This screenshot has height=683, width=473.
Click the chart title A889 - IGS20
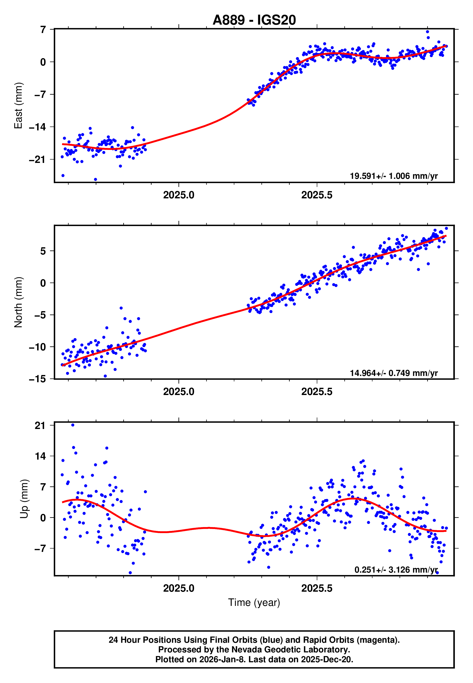click(254, 20)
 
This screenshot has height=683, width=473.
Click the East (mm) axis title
click(18, 106)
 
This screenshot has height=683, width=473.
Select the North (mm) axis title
click(18, 302)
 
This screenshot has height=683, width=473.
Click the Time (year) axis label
click(254, 603)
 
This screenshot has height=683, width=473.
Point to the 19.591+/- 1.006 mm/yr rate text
click(394, 176)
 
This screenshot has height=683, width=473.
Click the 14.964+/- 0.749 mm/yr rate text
click(394, 373)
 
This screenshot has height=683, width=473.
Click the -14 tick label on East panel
click(37, 127)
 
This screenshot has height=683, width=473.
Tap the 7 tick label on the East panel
click(43, 30)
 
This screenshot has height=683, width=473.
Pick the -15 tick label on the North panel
click(37, 379)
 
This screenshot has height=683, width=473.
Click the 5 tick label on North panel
click(43, 251)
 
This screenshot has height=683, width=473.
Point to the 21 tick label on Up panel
click(40, 426)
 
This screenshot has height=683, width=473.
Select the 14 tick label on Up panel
click(40, 456)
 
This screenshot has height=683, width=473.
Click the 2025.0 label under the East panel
click(179, 195)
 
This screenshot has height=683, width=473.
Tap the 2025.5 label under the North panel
click(317, 392)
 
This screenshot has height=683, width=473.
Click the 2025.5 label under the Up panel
click(317, 588)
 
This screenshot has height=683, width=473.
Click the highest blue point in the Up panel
click(73, 425)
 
